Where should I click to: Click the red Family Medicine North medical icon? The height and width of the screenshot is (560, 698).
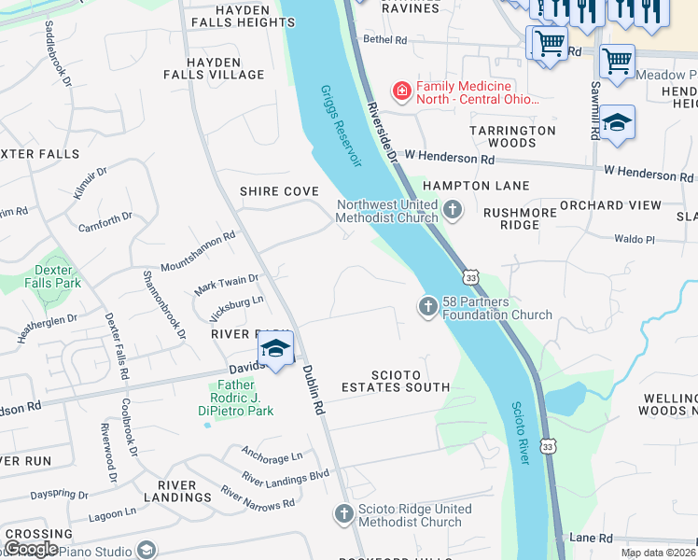(401, 91)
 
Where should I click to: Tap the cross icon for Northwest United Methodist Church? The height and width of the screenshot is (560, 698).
(454, 210)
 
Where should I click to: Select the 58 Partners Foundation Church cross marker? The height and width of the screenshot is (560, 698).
(428, 306)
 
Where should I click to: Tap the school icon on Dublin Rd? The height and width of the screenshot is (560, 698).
(275, 350)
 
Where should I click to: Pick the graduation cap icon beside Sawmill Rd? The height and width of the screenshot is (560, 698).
(617, 123)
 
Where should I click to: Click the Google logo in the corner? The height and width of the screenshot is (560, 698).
(32, 548)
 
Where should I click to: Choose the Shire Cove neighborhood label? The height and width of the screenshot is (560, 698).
(279, 190)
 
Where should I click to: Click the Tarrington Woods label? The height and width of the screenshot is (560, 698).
(512, 136)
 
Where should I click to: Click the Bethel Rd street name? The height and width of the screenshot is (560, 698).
(385, 40)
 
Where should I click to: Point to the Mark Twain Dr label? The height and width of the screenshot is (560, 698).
(226, 285)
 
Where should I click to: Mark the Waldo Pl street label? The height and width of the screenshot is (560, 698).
(635, 239)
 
